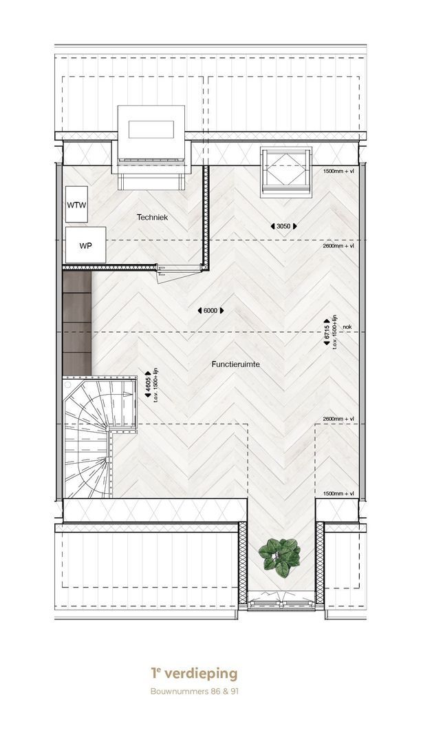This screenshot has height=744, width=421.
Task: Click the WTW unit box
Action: (x=77, y=205)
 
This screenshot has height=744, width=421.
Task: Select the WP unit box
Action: (x=86, y=245)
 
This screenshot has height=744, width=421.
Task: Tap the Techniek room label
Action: (x=153, y=217)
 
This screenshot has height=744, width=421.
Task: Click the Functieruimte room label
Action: (x=236, y=364)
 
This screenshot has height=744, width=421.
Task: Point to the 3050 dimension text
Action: (x=283, y=227)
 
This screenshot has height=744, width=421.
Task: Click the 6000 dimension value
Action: (x=210, y=311)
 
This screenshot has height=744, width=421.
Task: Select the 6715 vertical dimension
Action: (x=327, y=332)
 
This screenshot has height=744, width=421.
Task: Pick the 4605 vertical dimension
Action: (x=148, y=386)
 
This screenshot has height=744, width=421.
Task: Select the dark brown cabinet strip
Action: (x=77, y=323)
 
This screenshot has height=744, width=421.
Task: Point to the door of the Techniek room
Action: (x=177, y=275)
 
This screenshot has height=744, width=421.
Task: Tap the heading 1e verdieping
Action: (x=194, y=673)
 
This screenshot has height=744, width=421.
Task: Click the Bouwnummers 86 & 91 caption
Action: (x=194, y=692)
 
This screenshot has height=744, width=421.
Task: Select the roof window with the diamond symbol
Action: (x=286, y=172)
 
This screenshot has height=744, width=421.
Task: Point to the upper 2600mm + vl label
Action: (x=338, y=246)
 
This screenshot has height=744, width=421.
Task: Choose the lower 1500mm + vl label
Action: (x=338, y=494)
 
